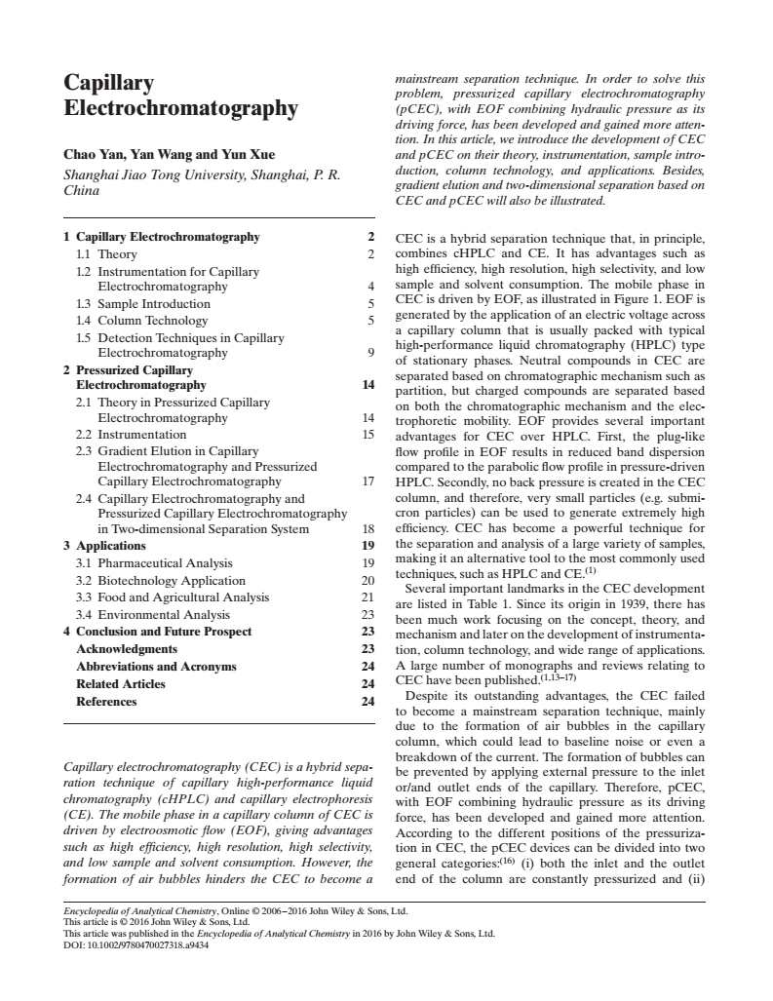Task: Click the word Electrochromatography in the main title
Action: tap(179, 108)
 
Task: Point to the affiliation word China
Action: tap(82, 190)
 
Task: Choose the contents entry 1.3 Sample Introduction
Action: tap(147, 304)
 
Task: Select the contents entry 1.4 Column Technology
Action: tap(142, 320)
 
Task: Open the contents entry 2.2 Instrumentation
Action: tap(132, 434)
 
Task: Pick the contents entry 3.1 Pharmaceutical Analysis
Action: tap(154, 562)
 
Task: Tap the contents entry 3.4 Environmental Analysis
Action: tap(153, 615)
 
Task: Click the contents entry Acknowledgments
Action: tap(127, 649)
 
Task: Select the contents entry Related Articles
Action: tap(121, 684)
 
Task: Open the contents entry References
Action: tap(106, 702)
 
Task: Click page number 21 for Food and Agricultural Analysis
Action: tap(367, 597)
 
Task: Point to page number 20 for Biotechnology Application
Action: tap(367, 580)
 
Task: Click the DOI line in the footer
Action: tap(135, 944)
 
